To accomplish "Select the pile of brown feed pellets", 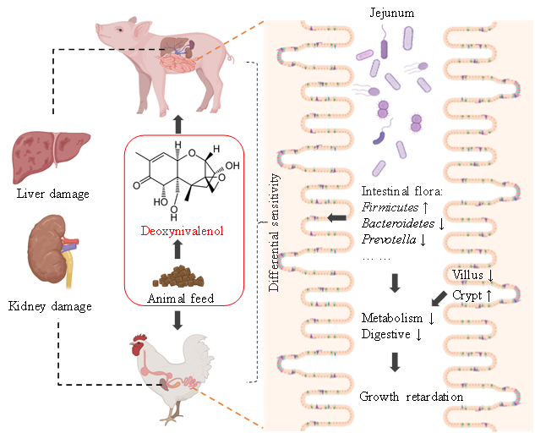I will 177,277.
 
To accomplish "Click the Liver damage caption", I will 52,194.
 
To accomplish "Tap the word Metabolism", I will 392,318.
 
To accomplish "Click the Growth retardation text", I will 412,397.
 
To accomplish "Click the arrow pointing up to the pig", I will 177,125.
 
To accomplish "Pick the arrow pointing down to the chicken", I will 177,320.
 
